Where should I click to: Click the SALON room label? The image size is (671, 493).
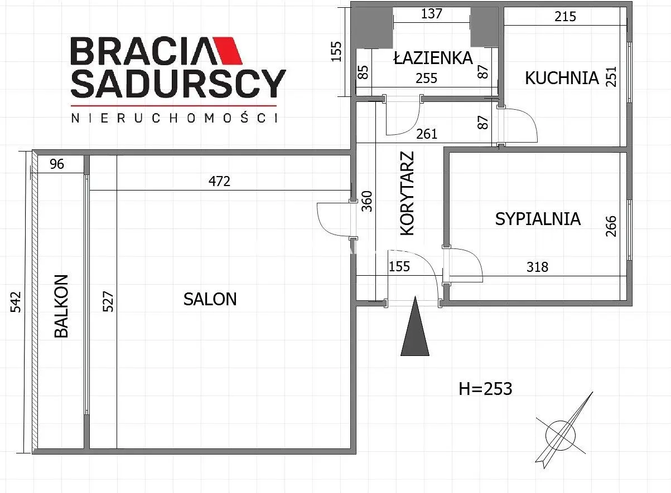point(210,299)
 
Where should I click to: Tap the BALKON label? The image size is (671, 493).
point(61,306)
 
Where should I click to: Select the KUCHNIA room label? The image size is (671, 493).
point(562,78)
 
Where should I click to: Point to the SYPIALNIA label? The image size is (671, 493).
point(538,219)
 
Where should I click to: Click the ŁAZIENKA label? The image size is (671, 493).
point(433,57)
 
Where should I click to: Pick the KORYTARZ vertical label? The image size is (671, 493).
point(407,193)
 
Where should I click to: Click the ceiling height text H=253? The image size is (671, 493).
point(486,389)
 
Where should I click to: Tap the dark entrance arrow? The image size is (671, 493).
point(415,326)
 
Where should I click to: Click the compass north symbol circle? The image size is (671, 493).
point(561,435)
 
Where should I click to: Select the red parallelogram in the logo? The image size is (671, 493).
point(227,51)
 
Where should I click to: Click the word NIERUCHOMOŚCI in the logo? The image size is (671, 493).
point(174,118)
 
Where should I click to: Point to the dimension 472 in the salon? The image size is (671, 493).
point(220,181)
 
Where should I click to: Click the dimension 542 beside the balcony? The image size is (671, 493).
point(16,302)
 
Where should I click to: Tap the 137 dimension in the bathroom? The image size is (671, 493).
point(432,13)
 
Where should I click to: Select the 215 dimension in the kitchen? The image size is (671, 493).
point(565,17)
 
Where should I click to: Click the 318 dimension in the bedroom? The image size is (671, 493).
point(537,267)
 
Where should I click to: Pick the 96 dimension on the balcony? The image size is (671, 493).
point(57,164)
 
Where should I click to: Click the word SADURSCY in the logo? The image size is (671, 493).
point(178,84)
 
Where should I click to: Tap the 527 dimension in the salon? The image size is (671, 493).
point(108,301)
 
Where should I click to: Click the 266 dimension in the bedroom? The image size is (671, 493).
point(611,226)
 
